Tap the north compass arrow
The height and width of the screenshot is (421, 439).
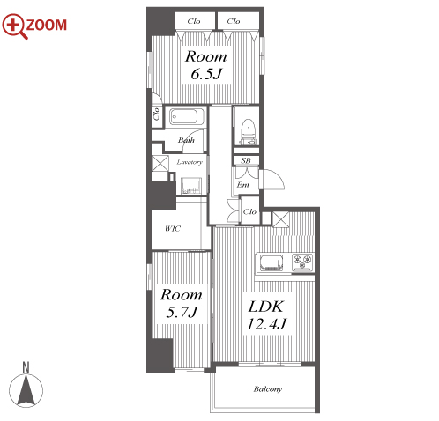point(26,389)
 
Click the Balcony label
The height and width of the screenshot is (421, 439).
point(267,389)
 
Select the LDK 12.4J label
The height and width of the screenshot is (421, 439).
point(266,315)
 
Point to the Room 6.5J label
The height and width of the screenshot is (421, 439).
point(205,65)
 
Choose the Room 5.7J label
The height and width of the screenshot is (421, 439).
point(182,303)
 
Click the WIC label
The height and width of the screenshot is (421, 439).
point(173,228)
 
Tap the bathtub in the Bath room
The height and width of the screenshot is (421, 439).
point(187,116)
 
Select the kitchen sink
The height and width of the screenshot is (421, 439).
point(272,262)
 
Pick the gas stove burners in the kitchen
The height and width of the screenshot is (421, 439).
point(302,262)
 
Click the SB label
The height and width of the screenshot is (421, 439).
point(246,160)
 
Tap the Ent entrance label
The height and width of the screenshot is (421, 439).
point(243,185)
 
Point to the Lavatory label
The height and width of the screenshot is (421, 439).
point(190,162)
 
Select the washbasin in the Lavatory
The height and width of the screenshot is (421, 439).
point(191,185)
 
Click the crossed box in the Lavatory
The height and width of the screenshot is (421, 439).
point(160,164)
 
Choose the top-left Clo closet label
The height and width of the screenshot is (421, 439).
point(194,21)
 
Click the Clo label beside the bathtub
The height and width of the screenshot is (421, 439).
point(156,114)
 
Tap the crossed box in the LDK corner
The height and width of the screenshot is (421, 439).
point(281,219)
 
